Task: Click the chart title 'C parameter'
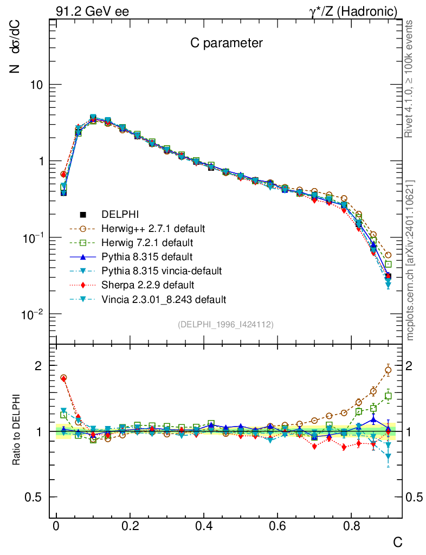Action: pyautogui.click(x=226, y=43)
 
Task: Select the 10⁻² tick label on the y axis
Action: pyautogui.click(x=37, y=314)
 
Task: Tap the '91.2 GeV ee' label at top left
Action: pyautogui.click(x=92, y=11)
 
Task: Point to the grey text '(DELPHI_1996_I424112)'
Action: pyautogui.click(x=225, y=325)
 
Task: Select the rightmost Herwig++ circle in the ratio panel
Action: pyautogui.click(x=388, y=371)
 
